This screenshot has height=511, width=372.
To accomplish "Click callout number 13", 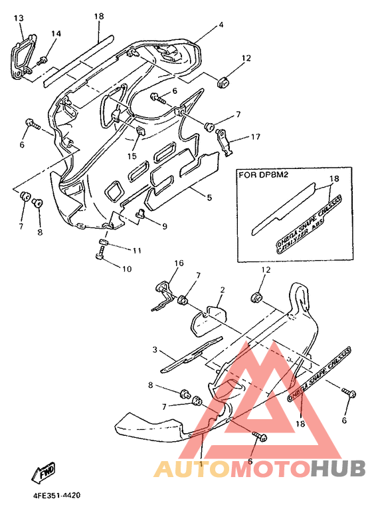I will pos(18,17).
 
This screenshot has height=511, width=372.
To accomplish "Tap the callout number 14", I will pos(56,33).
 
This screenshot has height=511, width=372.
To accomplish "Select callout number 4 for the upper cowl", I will pos(221,25).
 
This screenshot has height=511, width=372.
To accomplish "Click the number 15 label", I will pos(132,156).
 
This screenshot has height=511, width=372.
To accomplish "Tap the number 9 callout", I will pos(164,226).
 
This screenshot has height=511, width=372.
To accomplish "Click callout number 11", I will pos(136,250).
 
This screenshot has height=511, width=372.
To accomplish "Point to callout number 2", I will pos(222,290).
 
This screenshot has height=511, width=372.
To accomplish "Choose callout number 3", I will pos(154,349).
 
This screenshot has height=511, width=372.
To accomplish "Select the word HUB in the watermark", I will pos(338,469).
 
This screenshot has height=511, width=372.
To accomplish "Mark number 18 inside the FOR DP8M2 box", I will pos(334,178).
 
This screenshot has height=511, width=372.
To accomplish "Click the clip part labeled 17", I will pos(227,140).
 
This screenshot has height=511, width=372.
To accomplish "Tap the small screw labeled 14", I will pos(43,61).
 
